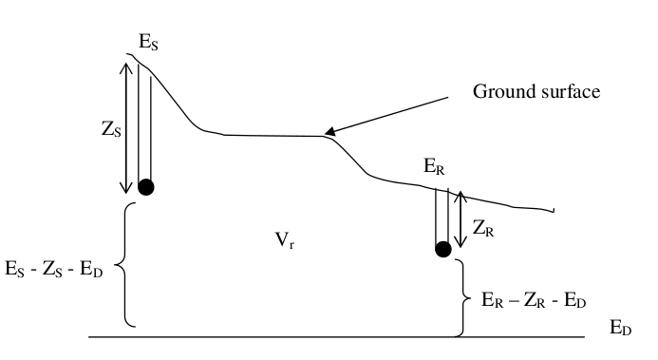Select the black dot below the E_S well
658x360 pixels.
[145, 186]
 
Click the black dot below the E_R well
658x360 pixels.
[442, 250]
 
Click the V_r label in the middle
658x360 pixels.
[283, 242]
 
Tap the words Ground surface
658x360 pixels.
[536, 92]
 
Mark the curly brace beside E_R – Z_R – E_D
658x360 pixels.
[462, 297]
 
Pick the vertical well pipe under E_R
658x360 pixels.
[442, 216]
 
